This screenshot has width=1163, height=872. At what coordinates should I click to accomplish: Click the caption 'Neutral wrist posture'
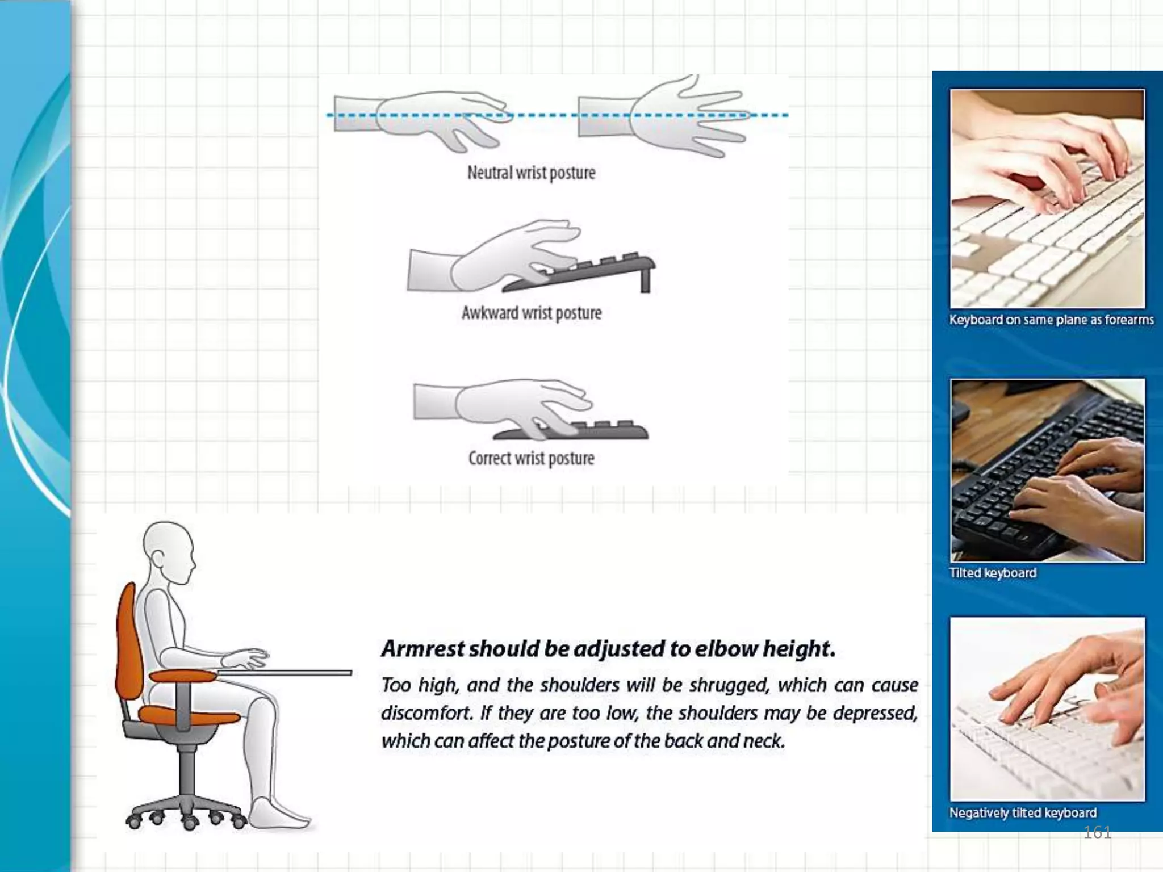pos(532,173)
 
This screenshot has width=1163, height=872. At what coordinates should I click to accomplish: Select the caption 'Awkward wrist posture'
pos(532,313)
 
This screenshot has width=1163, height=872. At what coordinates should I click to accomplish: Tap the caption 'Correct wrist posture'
pos(532,458)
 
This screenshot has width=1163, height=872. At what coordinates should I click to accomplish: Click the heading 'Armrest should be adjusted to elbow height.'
pos(608,649)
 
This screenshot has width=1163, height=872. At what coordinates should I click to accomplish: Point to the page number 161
pos(1097,833)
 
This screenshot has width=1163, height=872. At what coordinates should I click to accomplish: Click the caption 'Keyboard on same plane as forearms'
pos(1051,320)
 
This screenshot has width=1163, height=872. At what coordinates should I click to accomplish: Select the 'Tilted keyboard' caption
pos(993,573)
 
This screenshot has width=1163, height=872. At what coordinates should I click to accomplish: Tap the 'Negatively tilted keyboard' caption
pos(1023,813)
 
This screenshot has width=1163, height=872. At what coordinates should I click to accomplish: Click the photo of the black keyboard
pos(1048,471)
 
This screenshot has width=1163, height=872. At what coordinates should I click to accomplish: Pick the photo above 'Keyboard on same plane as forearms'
pos(1048,199)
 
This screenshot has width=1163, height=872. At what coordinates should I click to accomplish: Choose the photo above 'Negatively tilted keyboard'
pos(1048,709)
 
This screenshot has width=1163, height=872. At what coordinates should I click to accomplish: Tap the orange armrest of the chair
pos(183,675)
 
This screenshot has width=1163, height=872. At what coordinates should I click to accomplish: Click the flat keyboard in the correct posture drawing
pos(571,431)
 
